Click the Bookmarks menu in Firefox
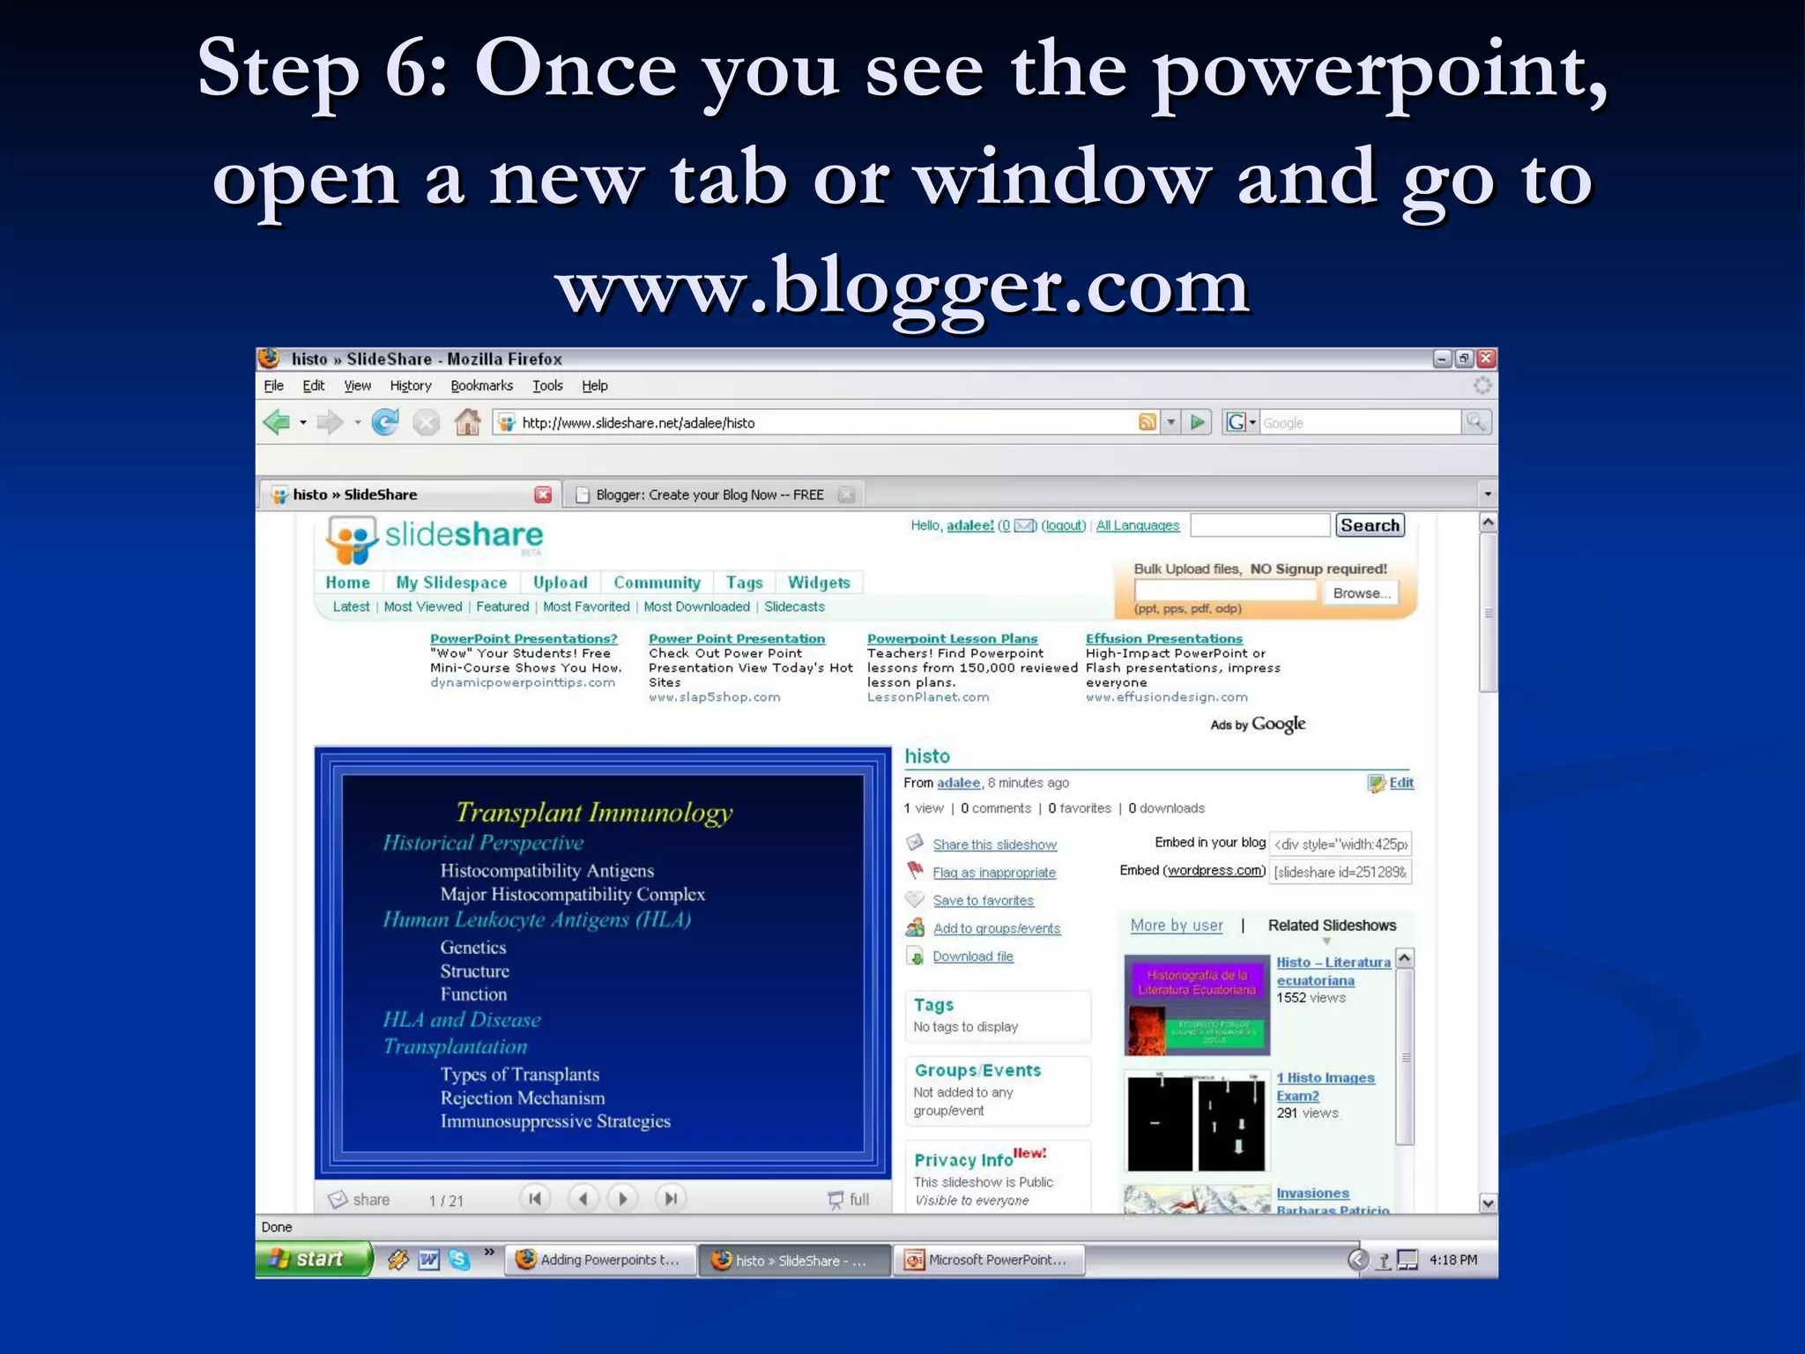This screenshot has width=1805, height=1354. click(x=481, y=386)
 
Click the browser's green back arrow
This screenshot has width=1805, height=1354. click(x=277, y=423)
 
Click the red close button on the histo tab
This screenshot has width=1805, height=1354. click(x=543, y=495)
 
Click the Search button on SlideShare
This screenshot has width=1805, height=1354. click(x=1370, y=525)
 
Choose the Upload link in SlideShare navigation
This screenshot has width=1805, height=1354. click(x=560, y=583)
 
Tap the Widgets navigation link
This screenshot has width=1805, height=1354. click(x=819, y=583)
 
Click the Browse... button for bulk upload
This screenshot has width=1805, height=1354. click(x=1362, y=593)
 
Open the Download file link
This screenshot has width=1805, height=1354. click(x=973, y=956)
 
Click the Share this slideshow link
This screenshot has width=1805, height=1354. click(x=994, y=844)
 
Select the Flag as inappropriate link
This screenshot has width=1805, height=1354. click(x=994, y=873)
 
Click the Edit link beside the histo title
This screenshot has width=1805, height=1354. click(x=1400, y=783)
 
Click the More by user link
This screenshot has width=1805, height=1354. click(x=1177, y=926)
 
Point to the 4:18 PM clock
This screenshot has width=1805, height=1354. click(x=1453, y=1260)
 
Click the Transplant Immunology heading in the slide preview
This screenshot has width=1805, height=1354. click(x=594, y=812)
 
